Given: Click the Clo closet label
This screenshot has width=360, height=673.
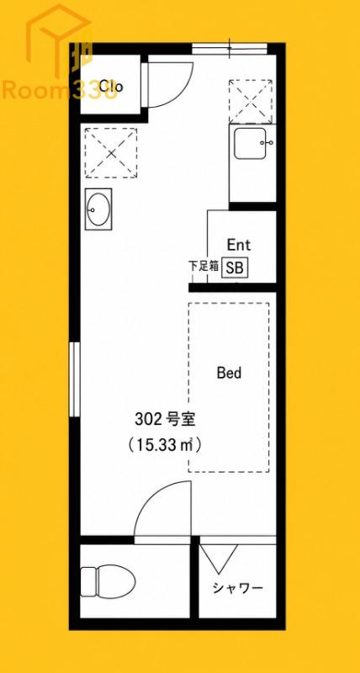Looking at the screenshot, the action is point(111,87).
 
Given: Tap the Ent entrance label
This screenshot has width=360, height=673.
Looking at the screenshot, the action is point(239,245).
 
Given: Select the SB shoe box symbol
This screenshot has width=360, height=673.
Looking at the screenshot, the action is point(235,268).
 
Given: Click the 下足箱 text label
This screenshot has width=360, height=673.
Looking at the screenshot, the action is point(204,266).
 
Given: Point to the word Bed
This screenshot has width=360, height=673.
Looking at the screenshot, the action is point(229,373).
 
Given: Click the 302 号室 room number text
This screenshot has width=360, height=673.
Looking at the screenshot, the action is point(165,419).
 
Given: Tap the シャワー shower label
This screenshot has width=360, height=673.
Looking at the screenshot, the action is point(237,588).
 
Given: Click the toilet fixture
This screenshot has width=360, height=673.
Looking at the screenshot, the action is point(108,581).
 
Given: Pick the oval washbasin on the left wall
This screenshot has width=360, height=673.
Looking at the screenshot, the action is point(98,209).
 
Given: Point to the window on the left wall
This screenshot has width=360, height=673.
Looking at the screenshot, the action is point(75,379).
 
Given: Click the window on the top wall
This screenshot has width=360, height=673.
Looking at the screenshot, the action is point(230,48).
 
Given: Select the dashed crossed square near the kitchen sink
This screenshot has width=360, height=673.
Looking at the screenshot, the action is point(251,101).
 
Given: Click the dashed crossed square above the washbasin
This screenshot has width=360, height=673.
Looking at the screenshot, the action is point(111,152).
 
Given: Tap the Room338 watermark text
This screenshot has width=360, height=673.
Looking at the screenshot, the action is point(60,90).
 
